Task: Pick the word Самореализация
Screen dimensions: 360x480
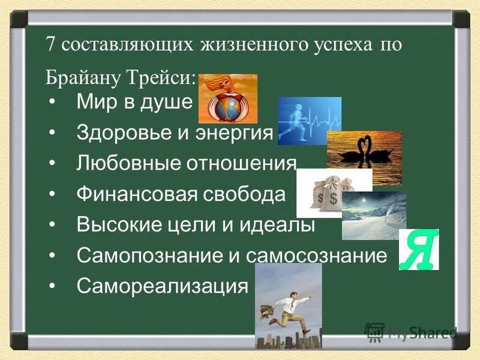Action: point(162,287)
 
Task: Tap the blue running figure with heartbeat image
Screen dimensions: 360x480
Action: point(309,120)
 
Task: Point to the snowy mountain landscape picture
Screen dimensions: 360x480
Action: point(374,216)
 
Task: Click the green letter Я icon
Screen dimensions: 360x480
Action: point(419,250)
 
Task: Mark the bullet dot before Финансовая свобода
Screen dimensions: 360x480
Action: point(54,194)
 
